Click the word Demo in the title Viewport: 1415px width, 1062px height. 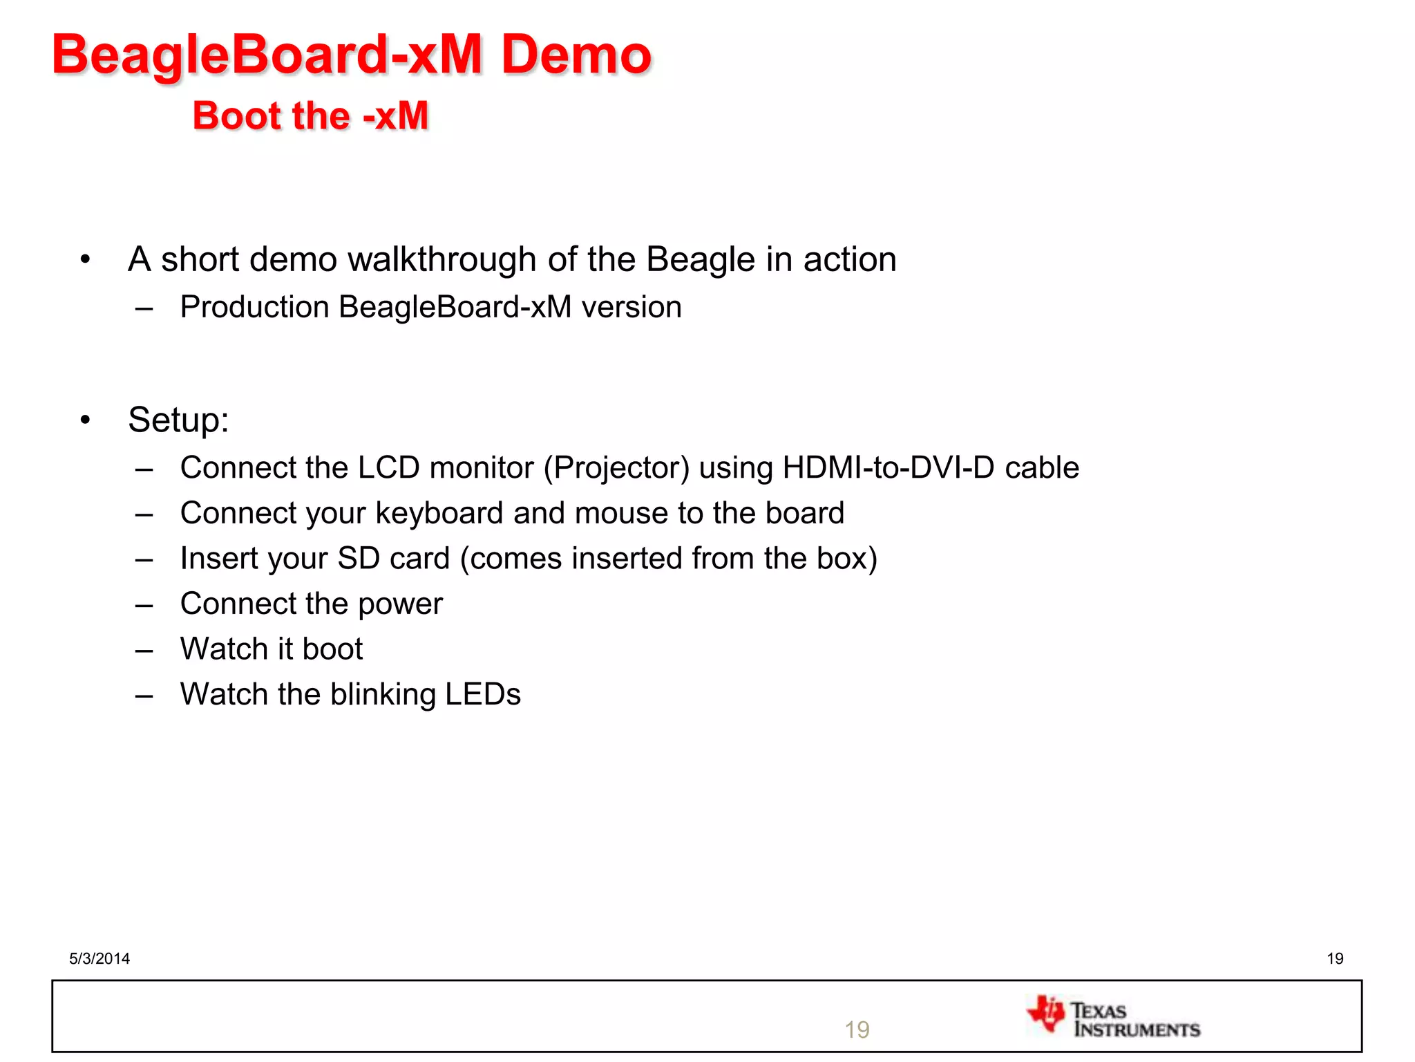click(576, 55)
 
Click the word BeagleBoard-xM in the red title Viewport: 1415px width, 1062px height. click(267, 55)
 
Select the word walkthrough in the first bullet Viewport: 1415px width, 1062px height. click(442, 260)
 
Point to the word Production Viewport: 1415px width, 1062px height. click(254, 307)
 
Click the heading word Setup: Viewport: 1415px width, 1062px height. click(178, 420)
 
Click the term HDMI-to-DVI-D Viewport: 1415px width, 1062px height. click(889, 468)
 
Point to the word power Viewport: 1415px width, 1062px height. click(400, 604)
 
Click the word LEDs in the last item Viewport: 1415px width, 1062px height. click(482, 694)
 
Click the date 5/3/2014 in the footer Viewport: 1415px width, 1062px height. click(99, 958)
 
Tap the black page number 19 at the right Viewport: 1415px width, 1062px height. click(1335, 958)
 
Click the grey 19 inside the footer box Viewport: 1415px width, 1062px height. click(857, 1030)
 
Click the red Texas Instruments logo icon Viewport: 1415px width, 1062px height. click(1047, 1014)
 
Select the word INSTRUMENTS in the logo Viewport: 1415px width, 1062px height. click(1137, 1030)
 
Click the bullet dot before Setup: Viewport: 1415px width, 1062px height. click(85, 420)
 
